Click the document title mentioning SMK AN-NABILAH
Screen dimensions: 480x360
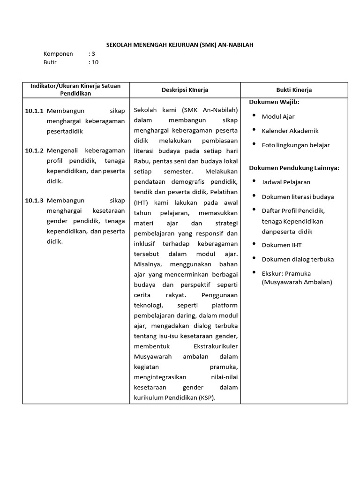point(180,45)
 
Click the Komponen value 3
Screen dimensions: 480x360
point(93,53)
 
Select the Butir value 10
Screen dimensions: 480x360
point(95,62)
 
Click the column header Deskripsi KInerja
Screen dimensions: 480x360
point(185,90)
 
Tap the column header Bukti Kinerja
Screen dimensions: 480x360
point(294,90)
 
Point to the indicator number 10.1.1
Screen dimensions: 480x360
point(34,111)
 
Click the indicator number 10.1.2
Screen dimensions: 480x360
point(34,150)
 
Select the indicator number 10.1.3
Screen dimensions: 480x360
point(34,200)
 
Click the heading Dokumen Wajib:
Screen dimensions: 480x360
point(274,102)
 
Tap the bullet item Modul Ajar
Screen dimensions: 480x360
point(278,116)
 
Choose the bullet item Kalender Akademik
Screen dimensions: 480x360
point(290,131)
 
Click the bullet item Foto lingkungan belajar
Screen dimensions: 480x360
point(295,145)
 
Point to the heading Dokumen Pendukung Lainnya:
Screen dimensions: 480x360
point(294,167)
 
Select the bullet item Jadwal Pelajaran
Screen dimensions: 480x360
point(286,182)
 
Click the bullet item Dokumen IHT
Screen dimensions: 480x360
point(282,245)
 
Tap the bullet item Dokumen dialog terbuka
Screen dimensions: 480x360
point(298,259)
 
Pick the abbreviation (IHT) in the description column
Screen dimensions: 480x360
point(141,203)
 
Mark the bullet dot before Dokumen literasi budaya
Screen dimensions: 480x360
point(254,195)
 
